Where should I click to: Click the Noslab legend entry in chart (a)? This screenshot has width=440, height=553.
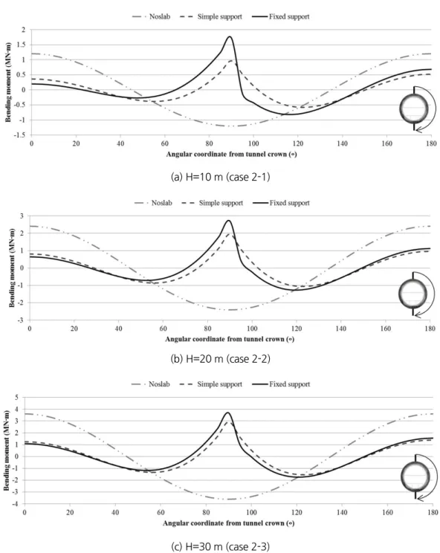click(x=152, y=16)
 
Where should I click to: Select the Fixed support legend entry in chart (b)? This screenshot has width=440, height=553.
click(x=282, y=203)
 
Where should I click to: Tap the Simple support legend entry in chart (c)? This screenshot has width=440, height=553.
click(x=211, y=384)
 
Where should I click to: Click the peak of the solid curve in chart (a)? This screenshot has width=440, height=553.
click(x=230, y=36)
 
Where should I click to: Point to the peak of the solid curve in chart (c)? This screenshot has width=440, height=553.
click(x=228, y=413)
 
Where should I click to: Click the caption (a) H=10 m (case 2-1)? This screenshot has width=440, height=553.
click(x=220, y=177)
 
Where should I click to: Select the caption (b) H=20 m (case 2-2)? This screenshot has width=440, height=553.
click(x=220, y=359)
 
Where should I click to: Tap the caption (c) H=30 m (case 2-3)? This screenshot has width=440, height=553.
click(x=220, y=546)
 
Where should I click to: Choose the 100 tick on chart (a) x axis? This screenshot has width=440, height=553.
click(x=253, y=143)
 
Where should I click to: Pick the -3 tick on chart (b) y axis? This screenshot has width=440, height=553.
click(x=21, y=320)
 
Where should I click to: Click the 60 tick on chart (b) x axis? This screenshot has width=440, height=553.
click(x=163, y=329)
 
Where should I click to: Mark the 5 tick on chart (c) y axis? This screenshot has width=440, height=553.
click(x=16, y=398)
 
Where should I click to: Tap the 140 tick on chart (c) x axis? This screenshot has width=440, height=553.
click(x=342, y=512)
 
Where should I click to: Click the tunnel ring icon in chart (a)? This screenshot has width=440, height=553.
click(x=414, y=109)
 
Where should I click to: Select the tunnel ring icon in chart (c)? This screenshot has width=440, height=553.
click(x=415, y=476)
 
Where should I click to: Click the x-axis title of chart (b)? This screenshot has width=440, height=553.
click(x=230, y=339)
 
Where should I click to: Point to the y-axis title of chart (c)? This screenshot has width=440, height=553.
click(x=7, y=450)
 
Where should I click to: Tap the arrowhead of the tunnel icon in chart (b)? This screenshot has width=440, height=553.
click(x=416, y=315)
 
